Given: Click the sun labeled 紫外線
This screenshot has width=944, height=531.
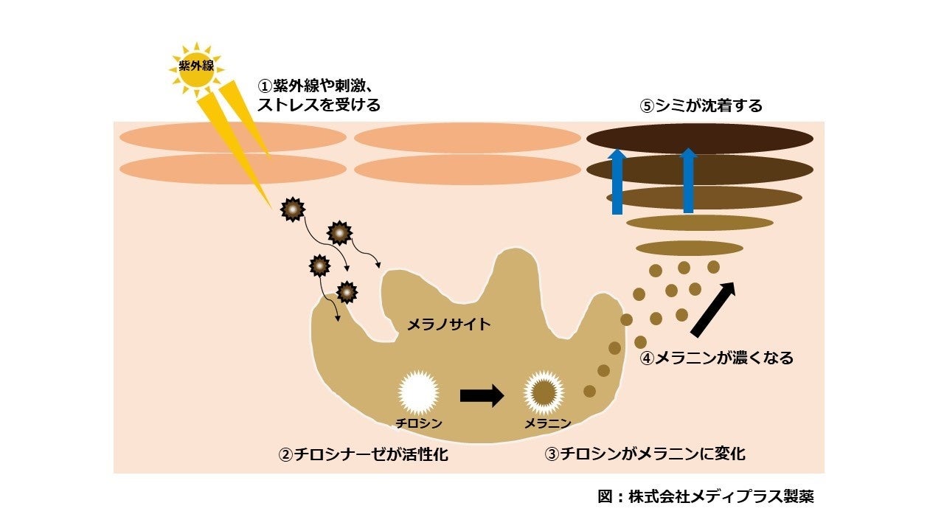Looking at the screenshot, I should pyautogui.click(x=196, y=66).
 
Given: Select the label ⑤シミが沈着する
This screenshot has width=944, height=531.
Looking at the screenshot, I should pyautogui.click(x=701, y=106).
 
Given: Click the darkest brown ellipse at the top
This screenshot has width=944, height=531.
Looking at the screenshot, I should pyautogui.click(x=699, y=139).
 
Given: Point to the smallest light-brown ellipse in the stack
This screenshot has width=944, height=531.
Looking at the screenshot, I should pyautogui.click(x=689, y=248).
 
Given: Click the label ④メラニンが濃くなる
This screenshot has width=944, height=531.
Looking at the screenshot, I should pyautogui.click(x=717, y=358).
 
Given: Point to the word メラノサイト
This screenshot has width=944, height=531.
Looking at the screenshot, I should pyautogui.click(x=448, y=324).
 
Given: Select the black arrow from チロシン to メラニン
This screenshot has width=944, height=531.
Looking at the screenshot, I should pyautogui.click(x=482, y=395).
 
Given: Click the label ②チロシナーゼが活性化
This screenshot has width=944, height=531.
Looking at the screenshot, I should pyautogui.click(x=363, y=454).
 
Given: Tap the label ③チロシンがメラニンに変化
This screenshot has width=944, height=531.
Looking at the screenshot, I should pyautogui.click(x=645, y=454).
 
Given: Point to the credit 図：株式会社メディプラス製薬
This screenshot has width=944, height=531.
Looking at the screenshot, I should pyautogui.click(x=706, y=496).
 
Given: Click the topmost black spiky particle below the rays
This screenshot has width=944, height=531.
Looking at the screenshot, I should pyautogui.click(x=293, y=210).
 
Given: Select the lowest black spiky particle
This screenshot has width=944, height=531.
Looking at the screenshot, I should pyautogui.click(x=347, y=292).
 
